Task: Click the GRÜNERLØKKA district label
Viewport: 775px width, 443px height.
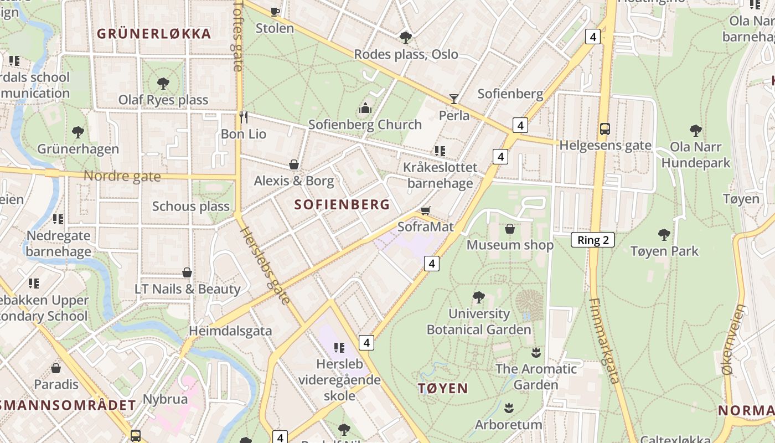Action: point(154,34)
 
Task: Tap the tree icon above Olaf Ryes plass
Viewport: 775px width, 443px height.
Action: point(163,84)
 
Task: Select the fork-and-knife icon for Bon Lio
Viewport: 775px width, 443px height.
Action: point(244,117)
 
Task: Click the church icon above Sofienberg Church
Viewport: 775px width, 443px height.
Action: point(365,108)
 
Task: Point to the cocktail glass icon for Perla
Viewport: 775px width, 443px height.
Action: point(454,99)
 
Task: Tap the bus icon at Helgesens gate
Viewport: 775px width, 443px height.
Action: point(605,129)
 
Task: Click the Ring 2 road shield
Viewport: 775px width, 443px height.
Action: point(592,240)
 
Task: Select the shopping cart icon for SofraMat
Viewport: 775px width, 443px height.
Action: point(425,210)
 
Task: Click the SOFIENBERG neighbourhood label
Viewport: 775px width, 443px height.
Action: point(342,205)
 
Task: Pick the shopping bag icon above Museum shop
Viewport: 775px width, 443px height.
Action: point(510,228)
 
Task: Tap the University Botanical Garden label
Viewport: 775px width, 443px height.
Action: point(479,322)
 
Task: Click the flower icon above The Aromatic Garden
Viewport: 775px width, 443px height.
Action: point(535,352)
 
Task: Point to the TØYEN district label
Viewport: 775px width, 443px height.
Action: point(443,388)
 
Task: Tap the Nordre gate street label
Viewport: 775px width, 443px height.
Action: point(122,177)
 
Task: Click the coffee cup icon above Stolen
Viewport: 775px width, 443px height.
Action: point(275,12)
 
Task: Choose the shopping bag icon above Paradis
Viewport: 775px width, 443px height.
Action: point(56,368)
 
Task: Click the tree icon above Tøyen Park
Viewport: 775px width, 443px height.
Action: point(664,235)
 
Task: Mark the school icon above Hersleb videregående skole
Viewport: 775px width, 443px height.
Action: point(339,348)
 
